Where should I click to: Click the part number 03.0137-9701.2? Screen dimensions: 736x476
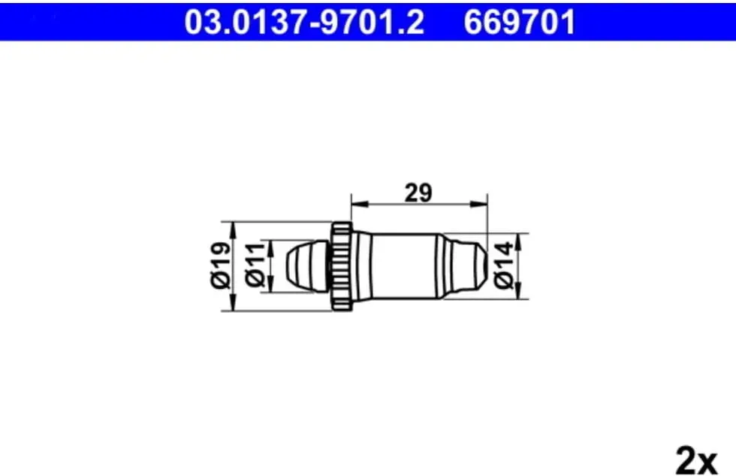(x=304, y=22)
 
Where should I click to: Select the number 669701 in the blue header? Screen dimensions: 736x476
(x=520, y=22)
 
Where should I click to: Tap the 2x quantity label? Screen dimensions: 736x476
(x=697, y=461)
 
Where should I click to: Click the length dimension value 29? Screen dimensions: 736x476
(x=418, y=193)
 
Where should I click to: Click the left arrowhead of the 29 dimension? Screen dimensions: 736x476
(x=359, y=204)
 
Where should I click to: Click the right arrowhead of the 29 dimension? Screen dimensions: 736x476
(x=479, y=204)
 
